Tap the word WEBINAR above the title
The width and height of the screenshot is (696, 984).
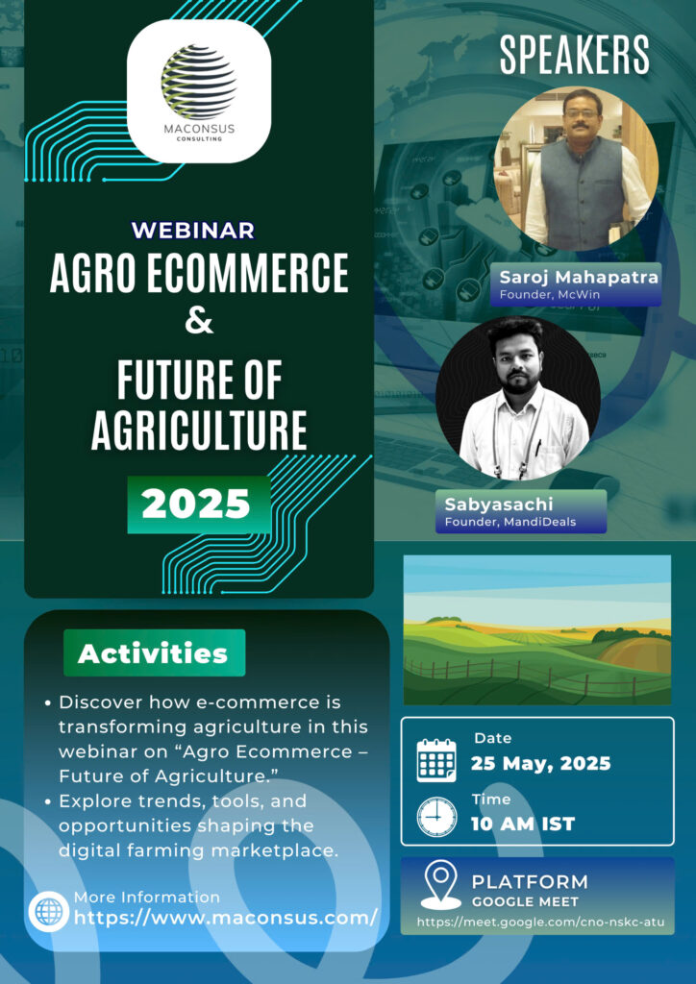(192, 230)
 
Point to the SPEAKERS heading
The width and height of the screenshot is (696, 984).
(574, 55)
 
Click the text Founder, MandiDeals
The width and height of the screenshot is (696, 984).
(510, 522)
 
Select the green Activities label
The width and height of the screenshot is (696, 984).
(154, 653)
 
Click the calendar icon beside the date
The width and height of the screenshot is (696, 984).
(436, 759)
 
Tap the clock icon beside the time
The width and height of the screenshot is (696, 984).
(436, 817)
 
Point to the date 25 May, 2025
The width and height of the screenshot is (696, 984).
(541, 763)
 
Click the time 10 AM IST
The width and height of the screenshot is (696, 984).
(523, 824)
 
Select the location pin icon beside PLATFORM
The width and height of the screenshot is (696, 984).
(440, 885)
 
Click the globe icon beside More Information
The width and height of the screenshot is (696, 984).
(48, 911)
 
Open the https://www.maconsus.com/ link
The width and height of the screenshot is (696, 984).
(225, 918)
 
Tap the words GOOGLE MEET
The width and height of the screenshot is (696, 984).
(525, 902)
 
